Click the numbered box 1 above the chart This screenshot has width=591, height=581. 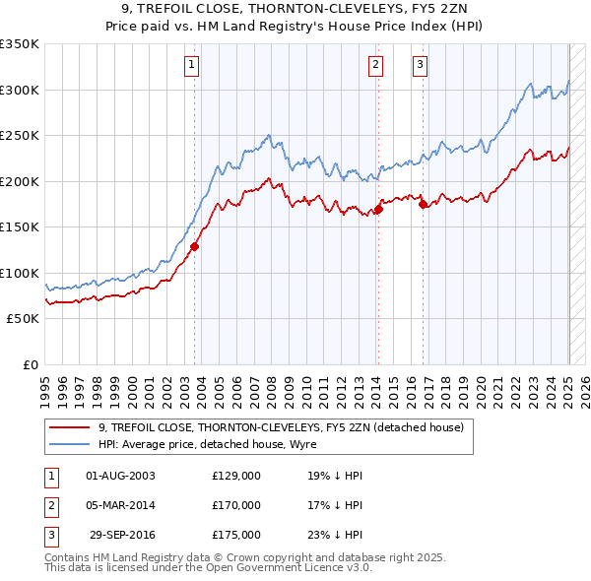click(191, 66)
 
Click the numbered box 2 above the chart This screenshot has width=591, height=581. click(376, 66)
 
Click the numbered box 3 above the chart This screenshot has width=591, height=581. click(421, 66)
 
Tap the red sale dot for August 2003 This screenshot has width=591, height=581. click(195, 247)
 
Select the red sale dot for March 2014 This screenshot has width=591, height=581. click(378, 210)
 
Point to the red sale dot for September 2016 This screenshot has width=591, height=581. click(423, 205)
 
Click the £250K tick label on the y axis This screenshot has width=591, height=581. click(20, 136)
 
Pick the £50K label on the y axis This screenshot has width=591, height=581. click(23, 319)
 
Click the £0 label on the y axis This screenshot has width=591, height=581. click(30, 365)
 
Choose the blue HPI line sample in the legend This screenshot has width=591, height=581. click(68, 444)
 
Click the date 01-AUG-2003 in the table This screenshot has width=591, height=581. click(120, 476)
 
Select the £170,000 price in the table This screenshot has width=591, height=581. click(236, 505)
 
